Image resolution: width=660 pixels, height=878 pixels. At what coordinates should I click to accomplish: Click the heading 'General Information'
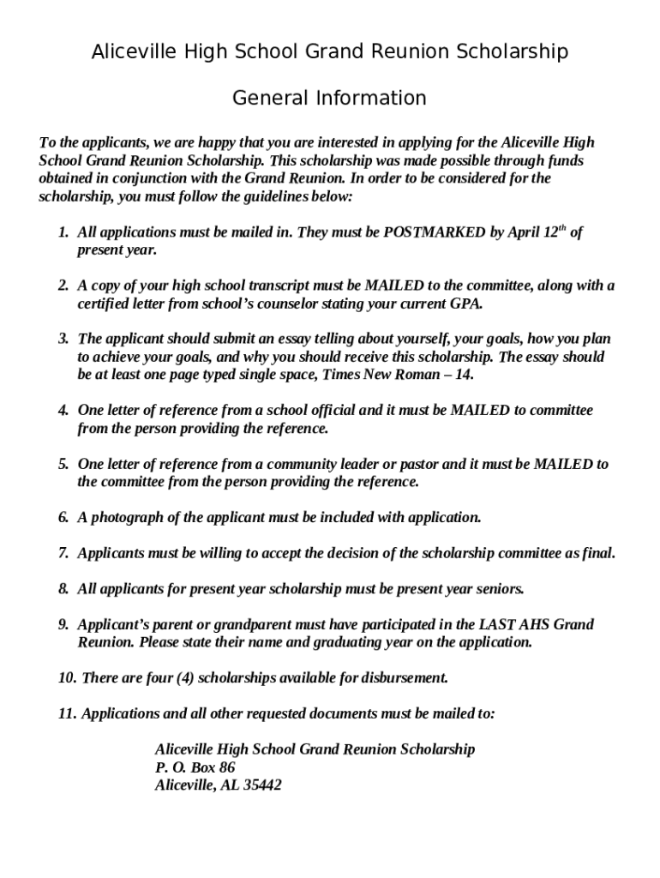click(329, 99)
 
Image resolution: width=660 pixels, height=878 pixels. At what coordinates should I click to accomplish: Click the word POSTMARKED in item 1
click(434, 232)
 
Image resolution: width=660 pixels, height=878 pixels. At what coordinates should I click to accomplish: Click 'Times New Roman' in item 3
click(383, 375)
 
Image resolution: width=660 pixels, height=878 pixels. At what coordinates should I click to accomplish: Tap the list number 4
click(63, 411)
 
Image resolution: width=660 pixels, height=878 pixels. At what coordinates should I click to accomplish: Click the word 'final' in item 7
click(597, 553)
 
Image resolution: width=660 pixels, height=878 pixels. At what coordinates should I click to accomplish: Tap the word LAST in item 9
click(496, 624)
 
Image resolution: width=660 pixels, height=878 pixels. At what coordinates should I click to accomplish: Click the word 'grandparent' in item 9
click(246, 624)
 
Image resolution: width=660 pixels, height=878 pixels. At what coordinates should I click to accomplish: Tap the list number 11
click(67, 713)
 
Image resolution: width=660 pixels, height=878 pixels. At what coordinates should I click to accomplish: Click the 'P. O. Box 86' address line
click(195, 767)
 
